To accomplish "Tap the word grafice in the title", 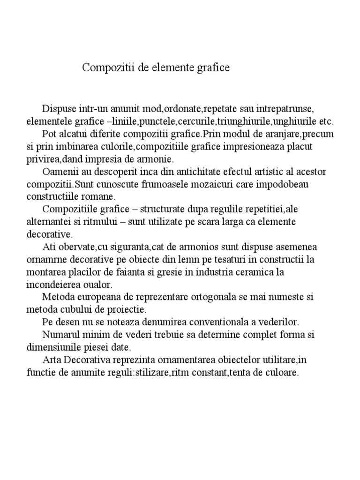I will [x=213, y=68].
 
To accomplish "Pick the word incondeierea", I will [x=53, y=285].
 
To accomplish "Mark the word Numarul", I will [x=58, y=335].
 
